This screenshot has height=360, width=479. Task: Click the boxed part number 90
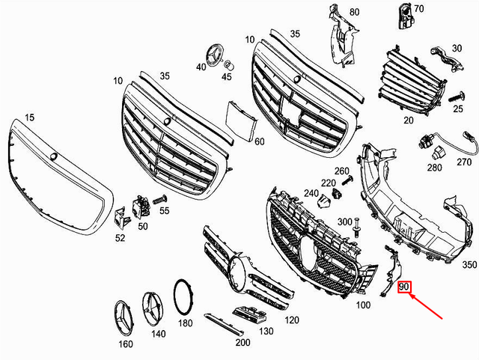coord(405,287)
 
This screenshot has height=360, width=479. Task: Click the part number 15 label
coord(30,118)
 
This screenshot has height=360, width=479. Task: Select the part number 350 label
coord(469,265)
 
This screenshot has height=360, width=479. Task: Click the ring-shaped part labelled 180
coord(183,296)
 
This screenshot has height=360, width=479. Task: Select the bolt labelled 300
coord(359,224)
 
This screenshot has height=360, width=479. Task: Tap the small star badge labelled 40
coord(213,57)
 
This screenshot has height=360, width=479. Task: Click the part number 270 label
coord(464,162)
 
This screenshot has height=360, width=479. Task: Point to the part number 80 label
coord(354,13)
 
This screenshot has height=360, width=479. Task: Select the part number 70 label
coord(418,9)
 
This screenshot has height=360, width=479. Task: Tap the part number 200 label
coord(242,343)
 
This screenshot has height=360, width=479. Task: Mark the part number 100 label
coord(362,305)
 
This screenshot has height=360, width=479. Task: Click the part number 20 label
coord(408,120)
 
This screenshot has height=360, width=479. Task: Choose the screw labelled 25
coord(459,98)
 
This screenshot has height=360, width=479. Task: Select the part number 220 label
coord(328,183)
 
